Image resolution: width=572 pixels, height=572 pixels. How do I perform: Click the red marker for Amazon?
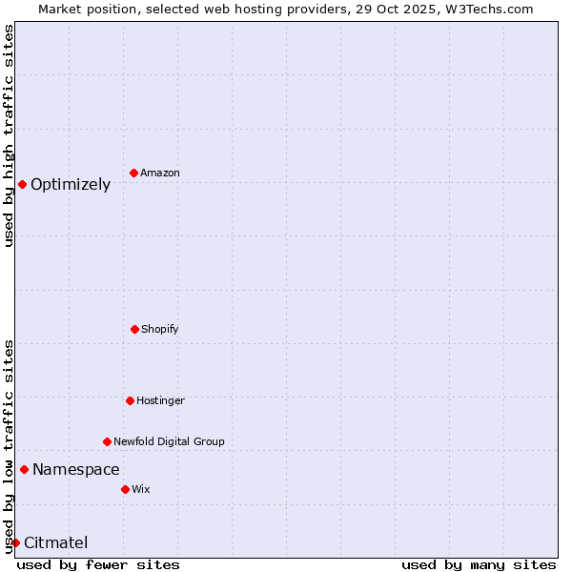tap(133, 173)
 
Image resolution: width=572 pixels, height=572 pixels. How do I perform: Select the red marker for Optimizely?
tap(22, 184)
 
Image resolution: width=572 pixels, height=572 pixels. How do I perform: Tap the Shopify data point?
tap(134, 329)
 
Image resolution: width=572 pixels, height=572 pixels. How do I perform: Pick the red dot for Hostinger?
tap(130, 400)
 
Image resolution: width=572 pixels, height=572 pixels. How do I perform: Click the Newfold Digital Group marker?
tap(107, 441)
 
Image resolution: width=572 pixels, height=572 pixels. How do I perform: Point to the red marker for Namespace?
tap(24, 469)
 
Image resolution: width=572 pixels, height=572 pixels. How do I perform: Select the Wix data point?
tap(125, 489)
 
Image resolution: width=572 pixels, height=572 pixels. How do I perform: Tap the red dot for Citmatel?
tap(15, 542)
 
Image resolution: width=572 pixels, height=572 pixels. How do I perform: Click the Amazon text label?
tap(160, 173)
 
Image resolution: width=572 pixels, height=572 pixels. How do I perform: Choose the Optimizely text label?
tap(71, 184)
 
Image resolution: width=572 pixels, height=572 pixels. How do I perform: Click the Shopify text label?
tap(160, 329)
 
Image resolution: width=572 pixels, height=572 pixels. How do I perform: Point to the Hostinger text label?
tap(160, 400)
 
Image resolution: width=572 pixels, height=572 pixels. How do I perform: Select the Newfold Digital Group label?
tap(170, 441)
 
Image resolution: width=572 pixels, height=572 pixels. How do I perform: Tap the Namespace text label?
tap(76, 469)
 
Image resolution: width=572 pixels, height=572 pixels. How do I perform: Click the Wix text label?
tap(141, 489)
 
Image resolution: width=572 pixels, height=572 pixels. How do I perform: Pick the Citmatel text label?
tap(56, 542)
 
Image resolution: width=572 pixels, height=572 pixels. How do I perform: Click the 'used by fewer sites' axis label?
tap(98, 564)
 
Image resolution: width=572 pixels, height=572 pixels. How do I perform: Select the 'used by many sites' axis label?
tap(479, 564)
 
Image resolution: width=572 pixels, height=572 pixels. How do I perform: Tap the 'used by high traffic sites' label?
tap(9, 135)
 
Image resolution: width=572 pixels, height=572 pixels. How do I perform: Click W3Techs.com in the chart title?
tap(486, 9)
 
